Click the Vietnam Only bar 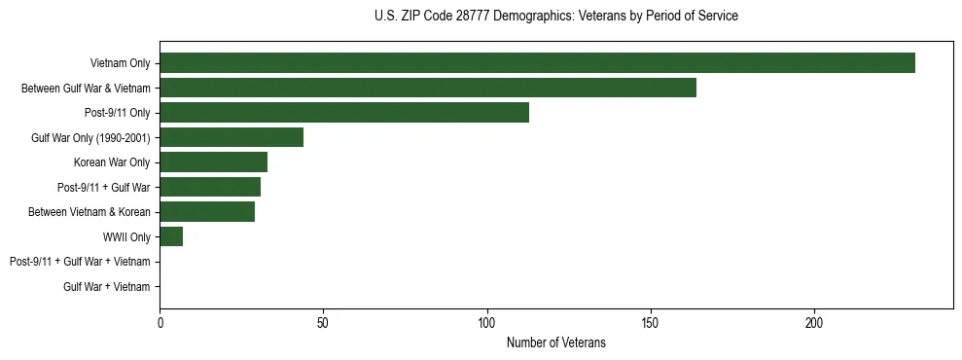pos(537,63)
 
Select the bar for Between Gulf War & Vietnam pos(428,88)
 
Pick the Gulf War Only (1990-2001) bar pos(232,137)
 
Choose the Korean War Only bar pos(214,162)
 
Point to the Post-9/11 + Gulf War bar pos(210,187)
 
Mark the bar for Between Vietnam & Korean pos(207,211)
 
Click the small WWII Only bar pos(171,236)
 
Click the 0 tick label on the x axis pos(160,323)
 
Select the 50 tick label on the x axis pos(324,323)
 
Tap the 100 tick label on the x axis pos(487,323)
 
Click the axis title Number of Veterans pos(556,342)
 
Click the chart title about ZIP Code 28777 pos(556,17)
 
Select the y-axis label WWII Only pos(126,236)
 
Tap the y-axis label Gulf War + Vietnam pos(107,286)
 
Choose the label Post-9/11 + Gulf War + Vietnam pos(80,262)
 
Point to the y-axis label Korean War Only pos(112,162)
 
